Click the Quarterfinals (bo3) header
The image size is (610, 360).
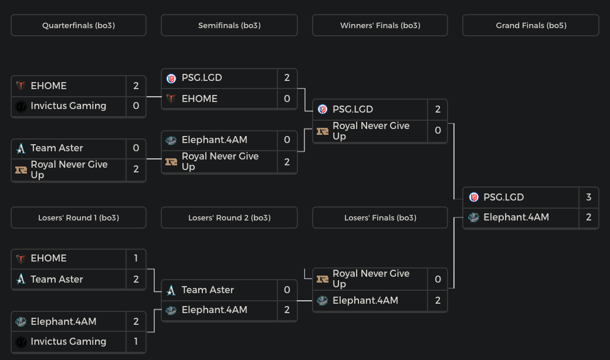pos(79,25)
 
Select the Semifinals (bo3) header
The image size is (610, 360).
pos(229,25)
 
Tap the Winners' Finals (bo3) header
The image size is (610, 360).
pos(380,25)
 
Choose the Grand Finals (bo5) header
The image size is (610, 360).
pos(531,25)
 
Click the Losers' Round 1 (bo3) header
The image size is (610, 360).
pos(79,218)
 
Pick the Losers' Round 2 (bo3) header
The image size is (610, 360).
pos(229,218)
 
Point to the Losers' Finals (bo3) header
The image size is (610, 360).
pos(380,218)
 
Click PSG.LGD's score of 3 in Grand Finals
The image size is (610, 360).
pos(588,197)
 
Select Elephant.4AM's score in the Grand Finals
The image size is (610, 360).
pos(588,217)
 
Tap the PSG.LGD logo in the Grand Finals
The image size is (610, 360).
pos(474,197)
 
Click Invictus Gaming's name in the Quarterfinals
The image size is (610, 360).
pos(68,106)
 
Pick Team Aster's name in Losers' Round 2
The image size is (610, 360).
pos(208,290)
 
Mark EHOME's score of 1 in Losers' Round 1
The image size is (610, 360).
pos(136,258)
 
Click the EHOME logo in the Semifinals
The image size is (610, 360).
pos(171,99)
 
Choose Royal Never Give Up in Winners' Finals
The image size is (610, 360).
pos(371,131)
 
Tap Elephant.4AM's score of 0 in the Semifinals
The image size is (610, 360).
pos(287,140)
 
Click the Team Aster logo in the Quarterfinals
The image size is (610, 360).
pos(21,148)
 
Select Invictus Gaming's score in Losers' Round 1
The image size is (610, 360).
pos(136,341)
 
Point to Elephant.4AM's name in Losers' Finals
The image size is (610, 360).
pos(365,300)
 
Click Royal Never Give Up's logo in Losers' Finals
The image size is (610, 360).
pos(323,279)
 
